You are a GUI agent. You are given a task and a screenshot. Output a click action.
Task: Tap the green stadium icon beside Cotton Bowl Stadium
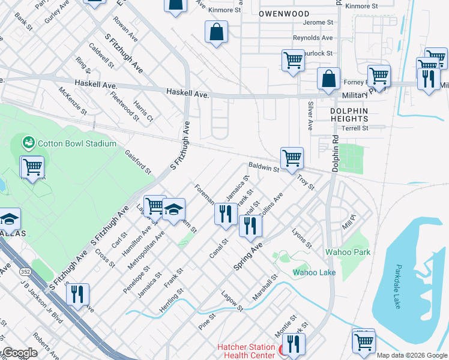[28, 143]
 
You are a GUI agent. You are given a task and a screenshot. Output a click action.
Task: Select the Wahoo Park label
[348, 252]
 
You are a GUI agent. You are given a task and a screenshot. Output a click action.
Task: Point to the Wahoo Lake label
[314, 273]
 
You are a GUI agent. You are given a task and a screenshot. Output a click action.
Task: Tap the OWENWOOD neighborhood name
[285, 14]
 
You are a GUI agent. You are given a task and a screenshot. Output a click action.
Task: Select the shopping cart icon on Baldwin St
[292, 159]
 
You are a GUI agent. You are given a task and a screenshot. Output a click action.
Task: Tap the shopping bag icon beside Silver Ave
[328, 79]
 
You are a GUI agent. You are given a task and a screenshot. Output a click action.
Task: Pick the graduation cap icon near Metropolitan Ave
[174, 209]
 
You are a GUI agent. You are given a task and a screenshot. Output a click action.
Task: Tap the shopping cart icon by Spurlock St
[292, 61]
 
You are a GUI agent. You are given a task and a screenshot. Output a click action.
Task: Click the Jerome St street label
[318, 22]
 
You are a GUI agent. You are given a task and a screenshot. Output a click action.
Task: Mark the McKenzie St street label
[73, 101]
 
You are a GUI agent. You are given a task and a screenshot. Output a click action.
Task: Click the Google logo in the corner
[19, 353]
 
